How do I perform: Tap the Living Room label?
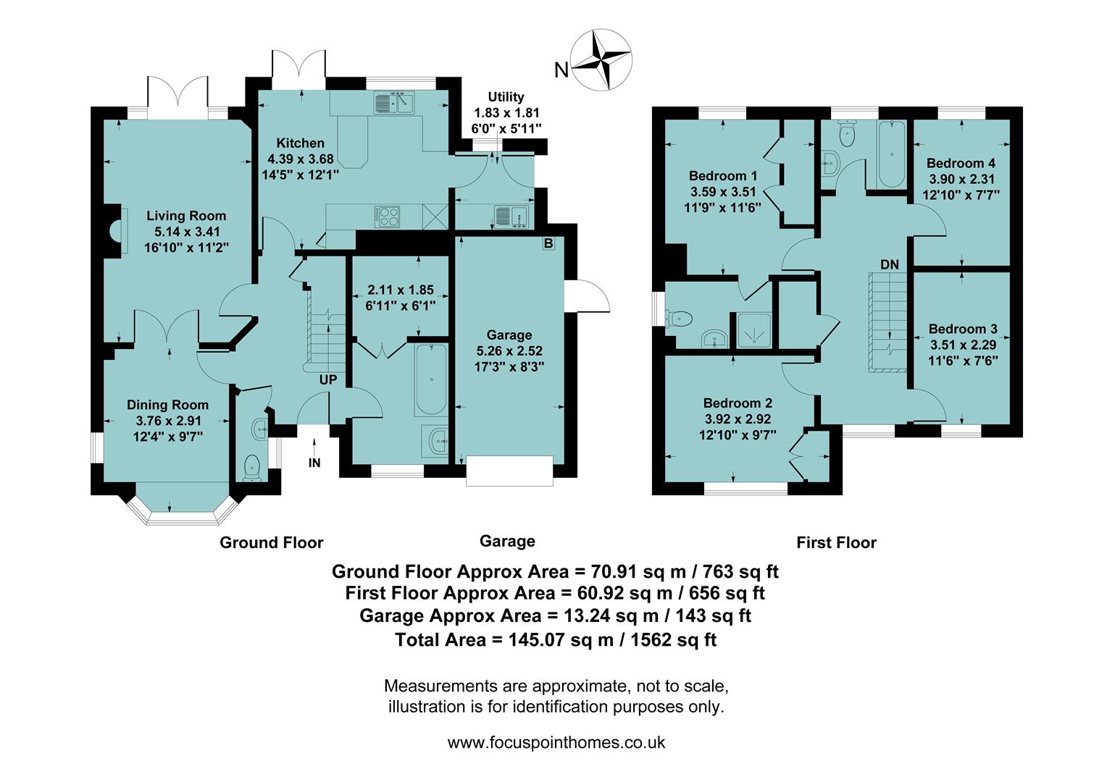pyautogui.click(x=186, y=216)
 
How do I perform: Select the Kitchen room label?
pyautogui.click(x=300, y=143)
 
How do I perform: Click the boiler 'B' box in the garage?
pyautogui.click(x=548, y=244)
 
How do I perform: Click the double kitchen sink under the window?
pyautogui.click(x=393, y=104)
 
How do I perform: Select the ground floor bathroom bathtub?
pyautogui.click(x=431, y=379)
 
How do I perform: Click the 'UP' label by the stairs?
pyautogui.click(x=328, y=379)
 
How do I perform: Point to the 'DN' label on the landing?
pyautogui.click(x=890, y=265)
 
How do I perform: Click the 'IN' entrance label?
pyautogui.click(x=314, y=463)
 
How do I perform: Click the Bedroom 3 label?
pyautogui.click(x=963, y=329)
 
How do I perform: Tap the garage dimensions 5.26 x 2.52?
pyautogui.click(x=509, y=350)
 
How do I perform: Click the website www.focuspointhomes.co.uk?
pyautogui.click(x=556, y=742)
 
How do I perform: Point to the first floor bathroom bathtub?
pyautogui.click(x=890, y=154)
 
